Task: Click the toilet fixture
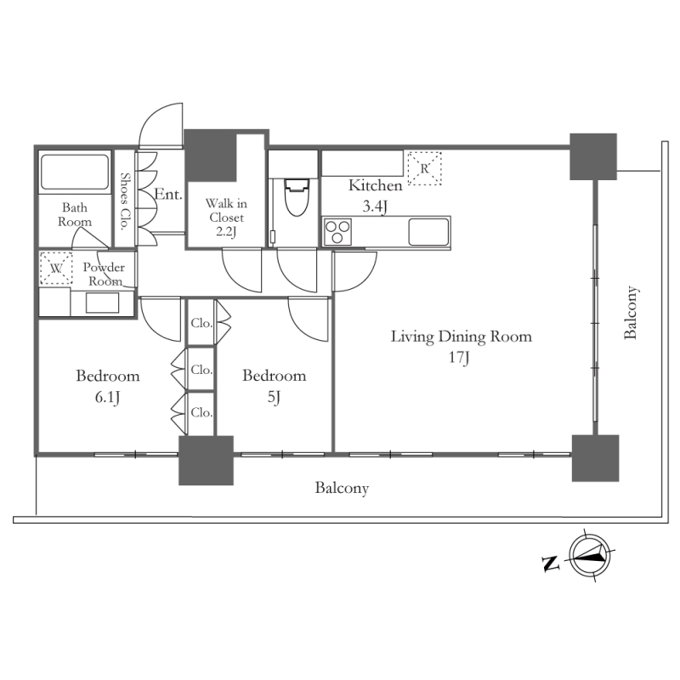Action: (297, 197)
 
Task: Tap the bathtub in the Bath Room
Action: (74, 173)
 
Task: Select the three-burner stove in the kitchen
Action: (337, 231)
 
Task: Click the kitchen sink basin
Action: (428, 231)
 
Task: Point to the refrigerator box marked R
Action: (424, 168)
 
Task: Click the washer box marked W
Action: (56, 268)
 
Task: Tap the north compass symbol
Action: (589, 556)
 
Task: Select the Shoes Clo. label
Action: (125, 201)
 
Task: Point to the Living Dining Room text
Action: (461, 337)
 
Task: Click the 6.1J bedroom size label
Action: (107, 397)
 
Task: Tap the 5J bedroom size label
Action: (274, 397)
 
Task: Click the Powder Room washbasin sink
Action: (102, 303)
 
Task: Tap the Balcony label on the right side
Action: (631, 312)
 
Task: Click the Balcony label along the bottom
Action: (342, 488)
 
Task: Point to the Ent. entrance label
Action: (168, 195)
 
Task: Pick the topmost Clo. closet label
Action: (201, 323)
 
